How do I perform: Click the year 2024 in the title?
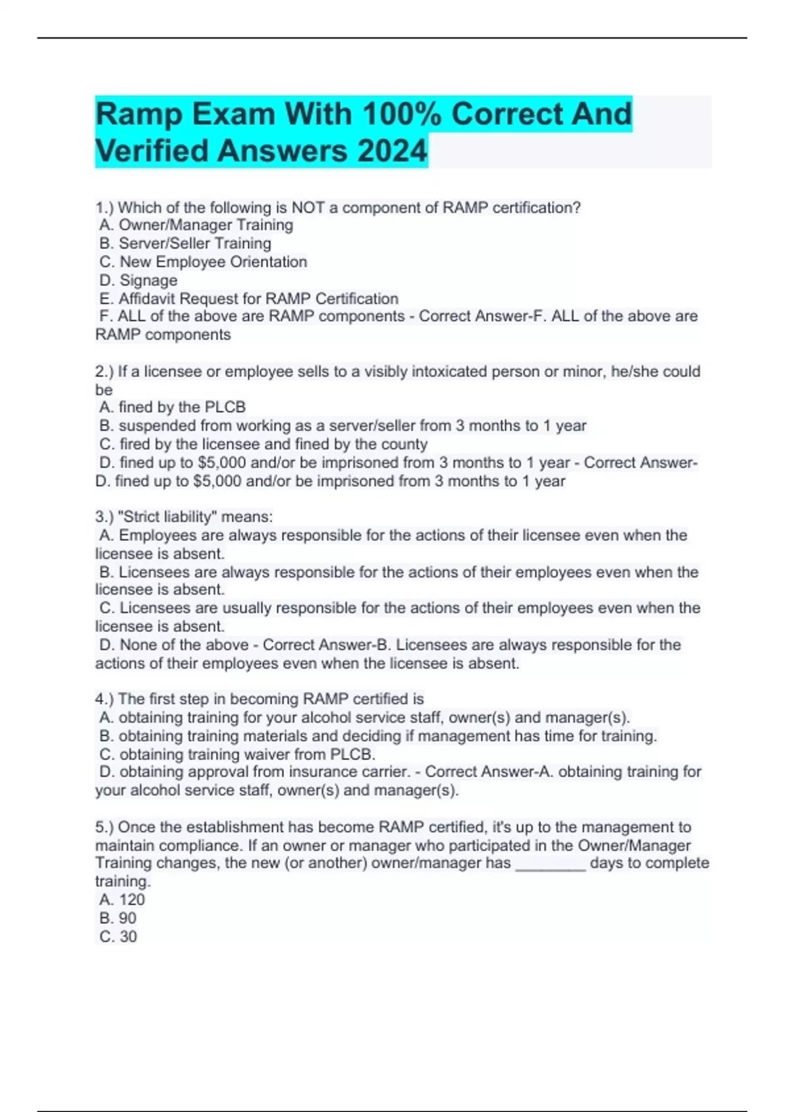pyautogui.click(x=392, y=151)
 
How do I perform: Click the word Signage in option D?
pyautogui.click(x=148, y=281)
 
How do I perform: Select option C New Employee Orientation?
pyautogui.click(x=203, y=262)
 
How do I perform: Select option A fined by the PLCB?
pyautogui.click(x=173, y=407)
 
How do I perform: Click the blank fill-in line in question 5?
pyautogui.click(x=550, y=865)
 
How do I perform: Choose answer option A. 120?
pyautogui.click(x=122, y=900)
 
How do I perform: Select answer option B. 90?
pyautogui.click(x=118, y=918)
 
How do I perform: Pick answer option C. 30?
pyautogui.click(x=118, y=937)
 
